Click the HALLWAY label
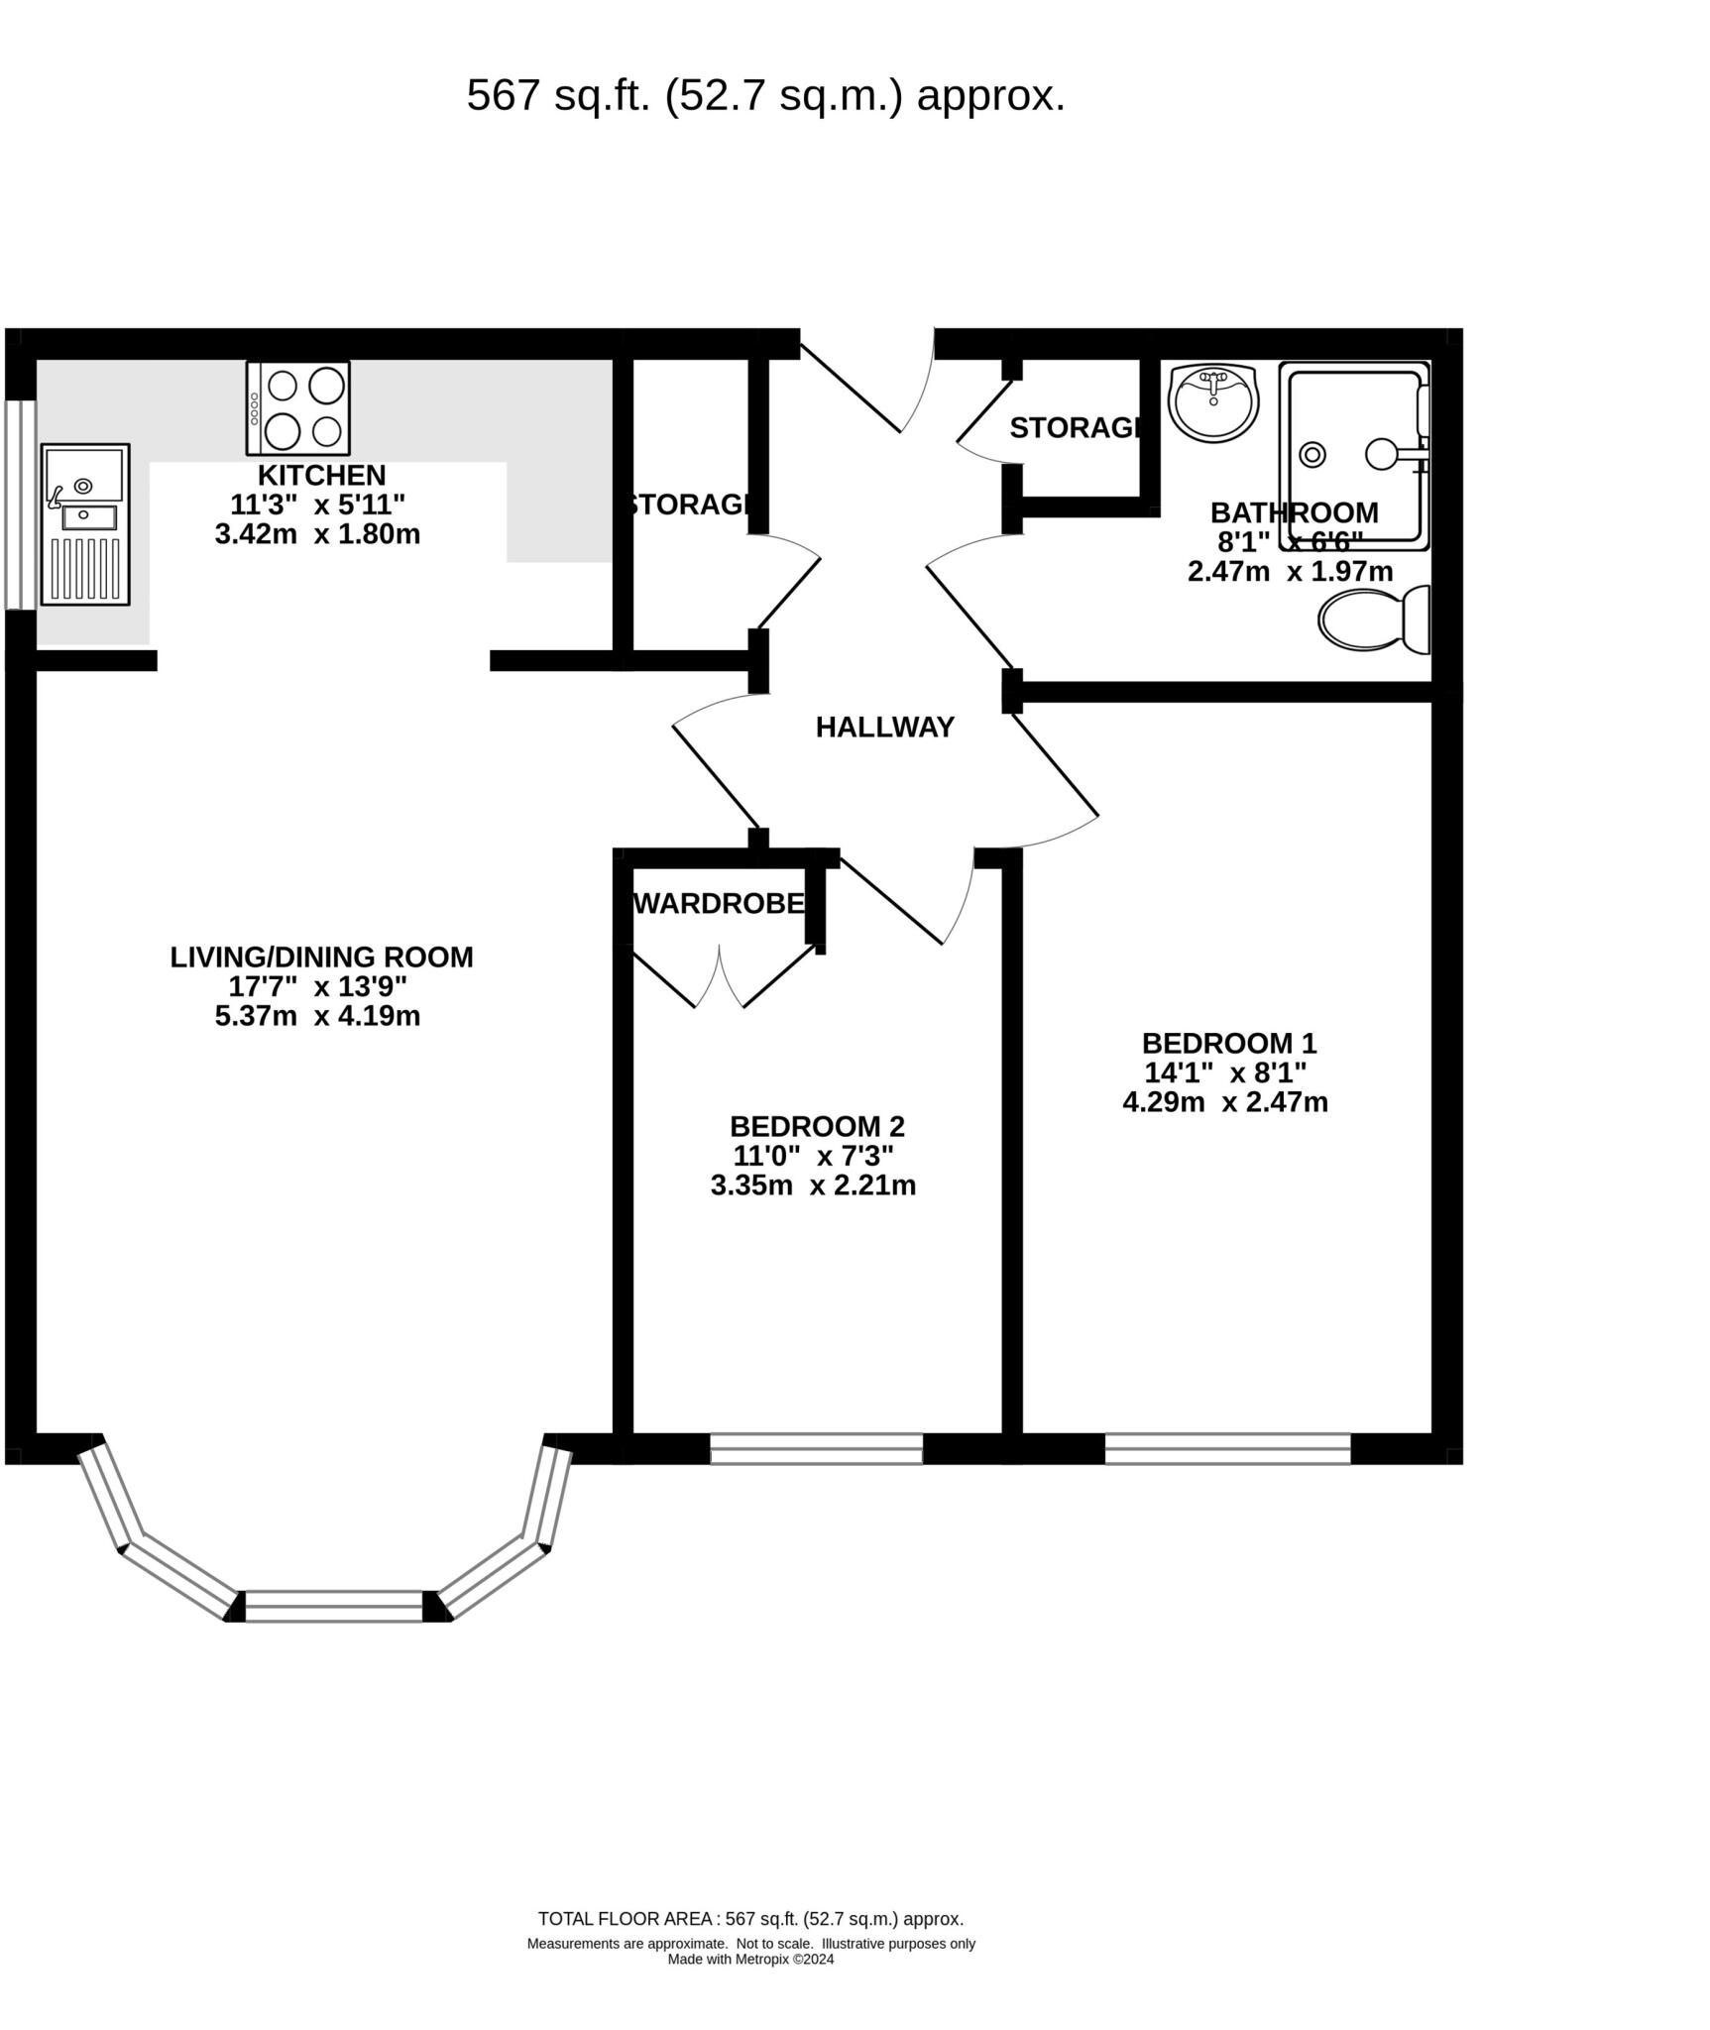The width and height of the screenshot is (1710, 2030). coord(884,728)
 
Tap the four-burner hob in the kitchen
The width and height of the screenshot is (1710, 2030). coord(298,407)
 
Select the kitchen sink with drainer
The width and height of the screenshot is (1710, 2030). coord(85,524)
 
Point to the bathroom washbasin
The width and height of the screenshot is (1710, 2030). coord(1213,401)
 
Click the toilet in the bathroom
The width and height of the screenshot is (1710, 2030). coord(1373,620)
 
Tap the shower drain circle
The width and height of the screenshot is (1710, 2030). coord(1312,455)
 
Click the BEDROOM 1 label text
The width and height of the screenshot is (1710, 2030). coord(1228,1044)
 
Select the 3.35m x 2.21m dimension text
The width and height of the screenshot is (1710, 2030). coord(813,1185)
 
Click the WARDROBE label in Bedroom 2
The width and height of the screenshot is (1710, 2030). coord(720,904)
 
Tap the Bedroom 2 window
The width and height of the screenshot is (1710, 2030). coord(816,1448)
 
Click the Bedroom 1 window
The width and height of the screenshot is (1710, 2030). coord(1227,1448)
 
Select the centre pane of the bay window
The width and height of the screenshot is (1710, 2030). coord(334,1606)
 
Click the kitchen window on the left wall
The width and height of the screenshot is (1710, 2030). coord(20,505)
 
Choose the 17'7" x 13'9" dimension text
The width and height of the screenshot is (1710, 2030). coord(317,987)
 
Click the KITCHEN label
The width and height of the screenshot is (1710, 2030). coord(321,475)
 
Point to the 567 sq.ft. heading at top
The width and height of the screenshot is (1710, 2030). coord(765,96)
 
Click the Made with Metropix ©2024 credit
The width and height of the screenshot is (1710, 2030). coord(750,1960)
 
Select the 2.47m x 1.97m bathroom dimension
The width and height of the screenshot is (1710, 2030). coord(1290,572)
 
